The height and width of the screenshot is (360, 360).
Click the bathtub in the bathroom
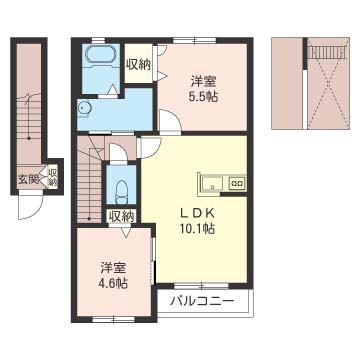coord(101,55)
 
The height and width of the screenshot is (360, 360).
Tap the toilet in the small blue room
coord(122,192)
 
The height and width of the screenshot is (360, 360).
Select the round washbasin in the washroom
coord(83,108)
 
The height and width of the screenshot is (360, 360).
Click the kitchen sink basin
coord(212,184)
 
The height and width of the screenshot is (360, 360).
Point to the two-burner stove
coord(237,183)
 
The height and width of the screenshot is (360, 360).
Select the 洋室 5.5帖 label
coord(203,89)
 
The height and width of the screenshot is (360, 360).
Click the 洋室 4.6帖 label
coord(114,275)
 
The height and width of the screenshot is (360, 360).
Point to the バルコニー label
coord(202,302)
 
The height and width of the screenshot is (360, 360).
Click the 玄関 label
coord(28,180)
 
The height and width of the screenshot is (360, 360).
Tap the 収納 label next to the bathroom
coord(138,65)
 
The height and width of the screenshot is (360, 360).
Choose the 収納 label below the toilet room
coord(122,216)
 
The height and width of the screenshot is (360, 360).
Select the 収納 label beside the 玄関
coord(52,177)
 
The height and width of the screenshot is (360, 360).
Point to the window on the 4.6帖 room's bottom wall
coord(113,320)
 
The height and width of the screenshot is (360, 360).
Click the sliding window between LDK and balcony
coord(201,286)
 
